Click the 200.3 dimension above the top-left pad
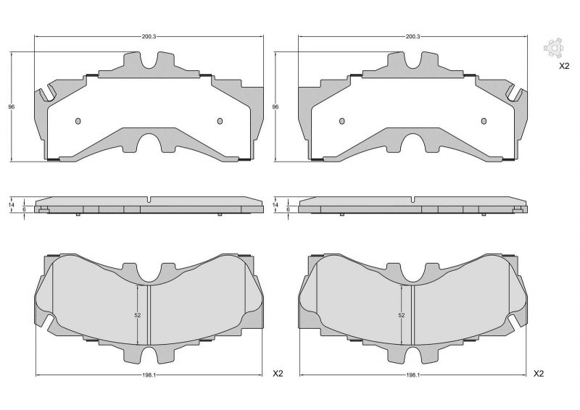(149, 35)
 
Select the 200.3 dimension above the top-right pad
(412, 35)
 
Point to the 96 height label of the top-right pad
(275, 107)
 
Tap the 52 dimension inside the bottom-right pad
(401, 315)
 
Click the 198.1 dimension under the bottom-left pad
(149, 375)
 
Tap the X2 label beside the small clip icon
(564, 66)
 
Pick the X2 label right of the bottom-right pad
(539, 374)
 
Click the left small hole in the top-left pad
(80, 121)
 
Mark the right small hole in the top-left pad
(219, 121)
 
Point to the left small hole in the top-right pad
(343, 121)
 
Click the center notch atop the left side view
(148, 200)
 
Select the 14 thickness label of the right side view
(275, 206)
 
